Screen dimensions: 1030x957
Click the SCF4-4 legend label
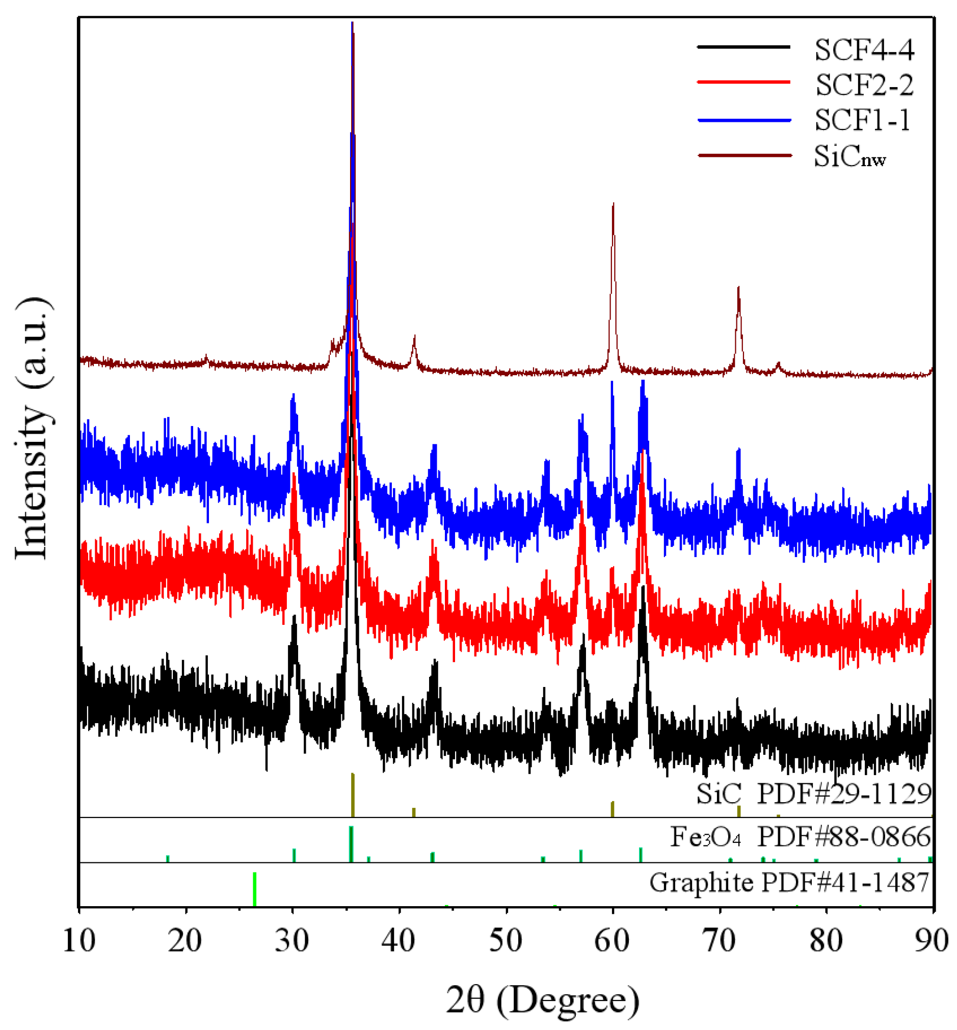[x=864, y=50]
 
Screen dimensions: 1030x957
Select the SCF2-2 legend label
[x=864, y=85]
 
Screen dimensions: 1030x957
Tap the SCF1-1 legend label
[x=862, y=120]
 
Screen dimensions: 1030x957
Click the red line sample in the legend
[x=743, y=82]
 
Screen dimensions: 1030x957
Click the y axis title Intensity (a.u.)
[x=32, y=429]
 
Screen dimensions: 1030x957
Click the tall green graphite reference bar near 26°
[x=254, y=890]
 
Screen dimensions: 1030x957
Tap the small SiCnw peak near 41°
[x=414, y=337]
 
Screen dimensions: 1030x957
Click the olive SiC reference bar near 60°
[x=613, y=809]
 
